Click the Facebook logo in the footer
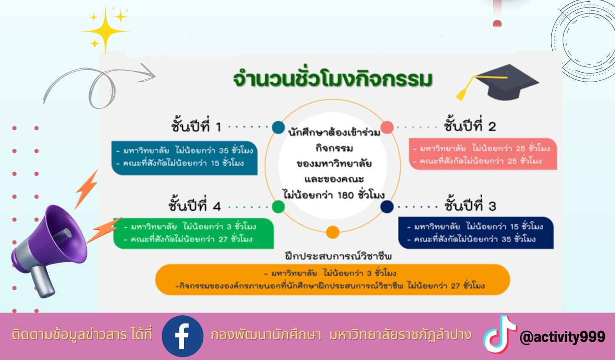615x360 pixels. point(183,336)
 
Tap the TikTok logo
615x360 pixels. point(499,335)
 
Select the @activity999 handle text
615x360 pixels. point(562,337)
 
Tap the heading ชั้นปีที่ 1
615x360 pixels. point(196,127)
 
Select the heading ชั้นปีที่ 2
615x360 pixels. point(470,126)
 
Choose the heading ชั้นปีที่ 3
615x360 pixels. point(470,206)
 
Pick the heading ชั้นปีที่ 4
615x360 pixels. point(195,206)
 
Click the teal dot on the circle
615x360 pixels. point(278,127)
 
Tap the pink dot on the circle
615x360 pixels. point(387,127)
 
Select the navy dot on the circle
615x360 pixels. point(387,207)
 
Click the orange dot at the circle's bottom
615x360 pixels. point(333,232)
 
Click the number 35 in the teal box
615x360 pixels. point(224,150)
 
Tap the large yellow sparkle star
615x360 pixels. point(105,31)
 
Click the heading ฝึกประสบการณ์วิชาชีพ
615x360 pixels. point(338,256)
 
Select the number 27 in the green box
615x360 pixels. point(223,239)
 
